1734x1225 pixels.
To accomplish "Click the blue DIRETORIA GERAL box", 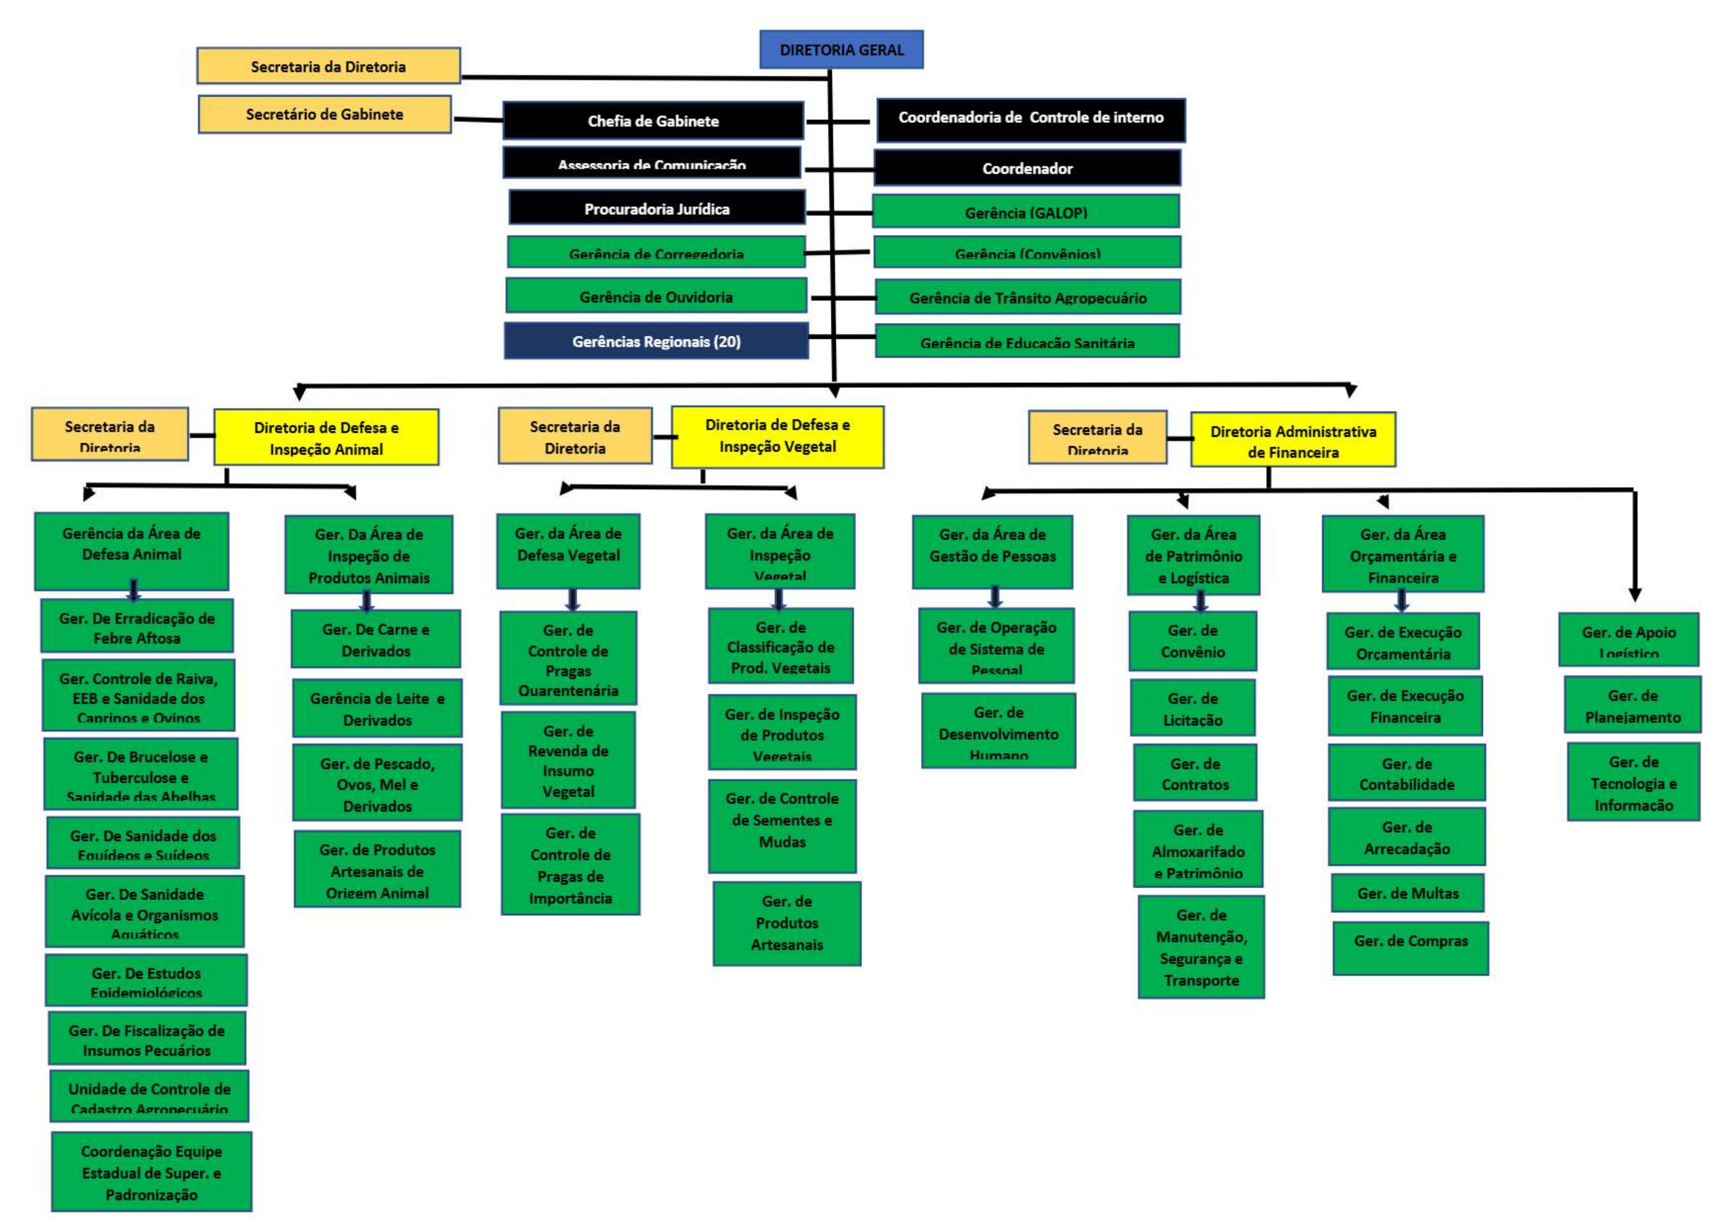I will [x=841, y=50].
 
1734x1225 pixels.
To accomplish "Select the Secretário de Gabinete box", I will [x=325, y=114].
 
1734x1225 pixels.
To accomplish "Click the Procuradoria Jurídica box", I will [x=656, y=208].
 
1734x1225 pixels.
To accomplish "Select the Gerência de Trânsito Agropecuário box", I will [x=1027, y=297].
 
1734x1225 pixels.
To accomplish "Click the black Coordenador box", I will [x=1027, y=168].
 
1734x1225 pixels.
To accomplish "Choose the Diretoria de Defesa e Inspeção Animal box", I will [x=326, y=438].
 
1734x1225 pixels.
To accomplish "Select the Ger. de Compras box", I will [x=1410, y=941].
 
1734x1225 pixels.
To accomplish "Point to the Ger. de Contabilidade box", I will [x=1406, y=774].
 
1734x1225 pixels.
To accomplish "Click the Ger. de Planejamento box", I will [x=1632, y=706].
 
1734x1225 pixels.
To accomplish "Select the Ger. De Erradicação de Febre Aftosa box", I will [x=137, y=627].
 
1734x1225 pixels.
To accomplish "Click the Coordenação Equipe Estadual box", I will [x=151, y=1172].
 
